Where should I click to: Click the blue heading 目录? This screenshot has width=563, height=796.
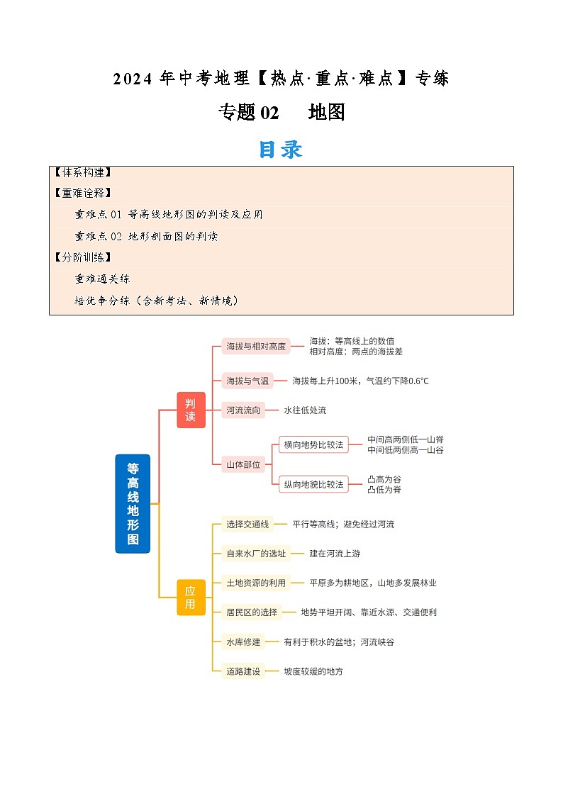(x=281, y=149)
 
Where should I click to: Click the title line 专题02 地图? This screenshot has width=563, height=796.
(x=281, y=112)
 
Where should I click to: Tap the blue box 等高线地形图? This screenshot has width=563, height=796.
(x=133, y=503)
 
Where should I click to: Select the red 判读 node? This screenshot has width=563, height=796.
(x=191, y=410)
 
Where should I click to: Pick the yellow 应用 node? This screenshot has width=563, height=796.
(x=191, y=597)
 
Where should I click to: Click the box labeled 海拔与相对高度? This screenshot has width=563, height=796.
(x=256, y=346)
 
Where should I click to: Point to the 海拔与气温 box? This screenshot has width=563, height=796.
(x=247, y=381)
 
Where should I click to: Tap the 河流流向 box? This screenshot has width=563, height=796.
(x=243, y=410)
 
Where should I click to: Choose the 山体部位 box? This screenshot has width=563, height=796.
(x=243, y=464)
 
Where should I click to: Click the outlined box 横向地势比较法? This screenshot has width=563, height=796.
(x=313, y=444)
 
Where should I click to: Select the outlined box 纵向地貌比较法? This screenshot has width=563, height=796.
(x=313, y=484)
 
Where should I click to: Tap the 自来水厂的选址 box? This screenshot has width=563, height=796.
(x=256, y=553)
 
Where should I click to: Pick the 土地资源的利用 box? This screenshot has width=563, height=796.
(x=256, y=583)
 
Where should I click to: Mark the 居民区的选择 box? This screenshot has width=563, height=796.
(x=252, y=612)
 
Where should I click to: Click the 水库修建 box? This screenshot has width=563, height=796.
(x=243, y=641)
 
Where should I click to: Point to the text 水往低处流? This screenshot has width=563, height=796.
(x=305, y=410)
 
